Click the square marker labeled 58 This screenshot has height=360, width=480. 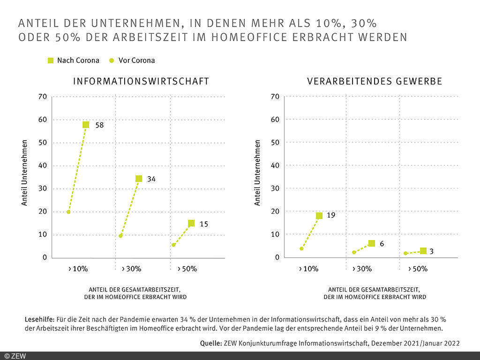pyautogui.click(x=86, y=125)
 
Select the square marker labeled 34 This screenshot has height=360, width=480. pyautogui.click(x=139, y=179)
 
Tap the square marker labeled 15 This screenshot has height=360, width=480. pyautogui.click(x=191, y=224)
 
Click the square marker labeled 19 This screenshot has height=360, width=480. pyautogui.click(x=319, y=216)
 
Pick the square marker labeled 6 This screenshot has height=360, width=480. pyautogui.click(x=372, y=243)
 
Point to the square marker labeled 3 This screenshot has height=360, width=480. pyautogui.click(x=423, y=251)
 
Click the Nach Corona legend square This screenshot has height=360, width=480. pyautogui.click(x=51, y=60)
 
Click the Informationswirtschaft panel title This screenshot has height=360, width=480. pyautogui.click(x=141, y=82)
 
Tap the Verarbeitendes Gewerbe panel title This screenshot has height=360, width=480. pyautogui.click(x=375, y=82)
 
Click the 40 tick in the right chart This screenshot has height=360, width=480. pyautogui.click(x=276, y=165)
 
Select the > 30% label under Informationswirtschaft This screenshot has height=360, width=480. pyautogui.click(x=131, y=269)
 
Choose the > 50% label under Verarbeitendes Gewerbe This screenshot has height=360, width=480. pyautogui.click(x=418, y=269)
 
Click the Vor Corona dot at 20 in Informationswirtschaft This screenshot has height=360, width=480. pyautogui.click(x=68, y=212)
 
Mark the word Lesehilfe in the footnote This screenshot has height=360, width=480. pyautogui.click(x=39, y=319)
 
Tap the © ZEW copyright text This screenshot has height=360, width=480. pyautogui.click(x=15, y=356)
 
